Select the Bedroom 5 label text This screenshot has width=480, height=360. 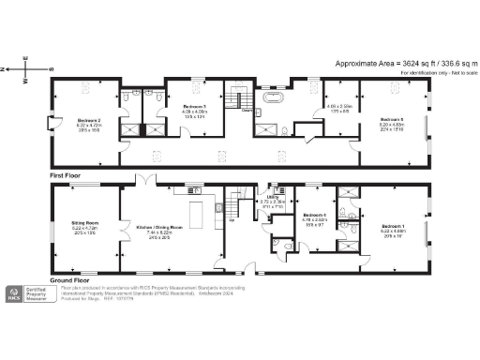[391, 120]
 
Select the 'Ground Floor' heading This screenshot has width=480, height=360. [69, 280]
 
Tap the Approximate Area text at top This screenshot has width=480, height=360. [398, 63]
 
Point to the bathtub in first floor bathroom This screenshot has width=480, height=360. [276, 97]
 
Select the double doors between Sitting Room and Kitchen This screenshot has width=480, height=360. [119, 230]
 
